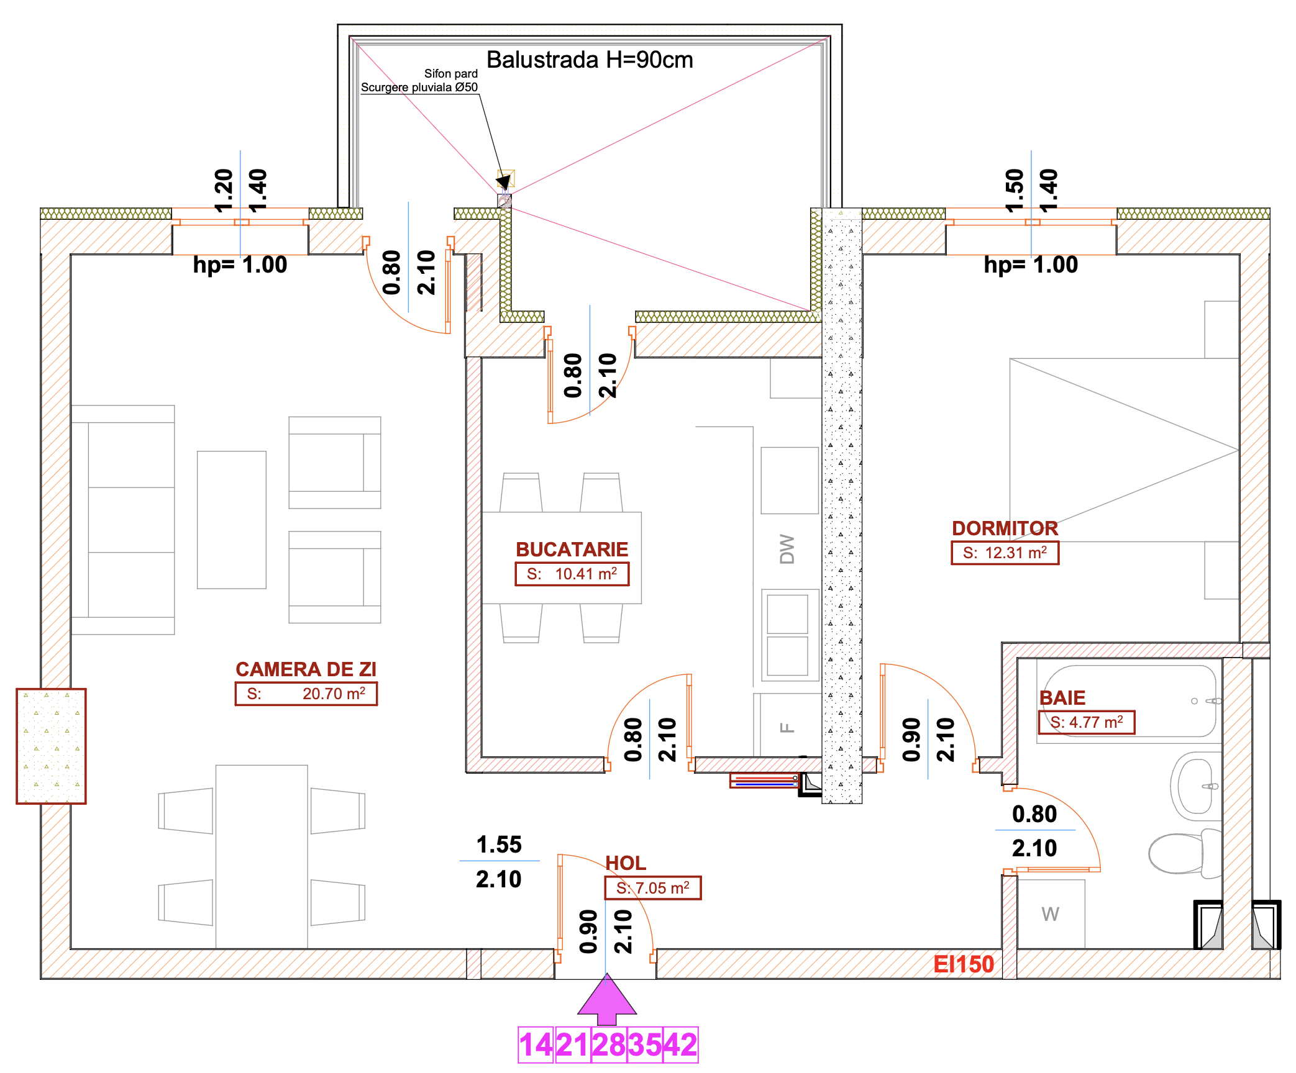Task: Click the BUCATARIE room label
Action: tap(572, 550)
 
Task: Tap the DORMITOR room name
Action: tap(1005, 528)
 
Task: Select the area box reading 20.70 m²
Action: tap(306, 694)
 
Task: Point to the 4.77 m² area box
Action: tap(1086, 722)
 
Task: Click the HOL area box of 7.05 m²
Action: tap(652, 888)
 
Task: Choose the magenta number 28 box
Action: tap(608, 1045)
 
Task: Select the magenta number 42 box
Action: tap(680, 1045)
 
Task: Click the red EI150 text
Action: tap(963, 964)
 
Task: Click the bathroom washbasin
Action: tap(1196, 786)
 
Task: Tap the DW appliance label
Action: tap(787, 549)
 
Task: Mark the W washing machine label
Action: tap(1050, 914)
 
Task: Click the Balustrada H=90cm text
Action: tap(589, 60)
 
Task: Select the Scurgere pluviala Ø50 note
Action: tap(419, 88)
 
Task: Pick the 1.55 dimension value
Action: tap(499, 844)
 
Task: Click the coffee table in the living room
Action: tap(232, 520)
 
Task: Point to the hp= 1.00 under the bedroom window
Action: tap(1031, 265)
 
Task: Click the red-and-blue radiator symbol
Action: tap(764, 781)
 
